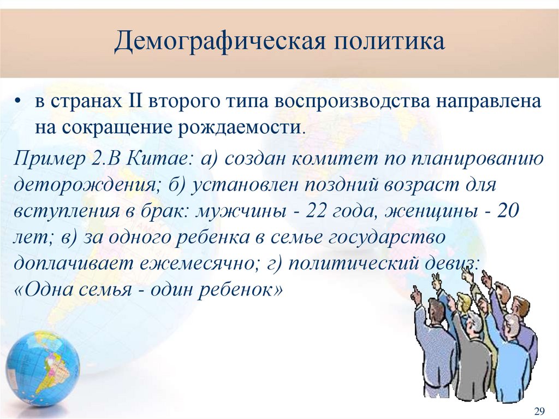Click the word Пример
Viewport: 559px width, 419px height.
pyautogui.click(x=44, y=160)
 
